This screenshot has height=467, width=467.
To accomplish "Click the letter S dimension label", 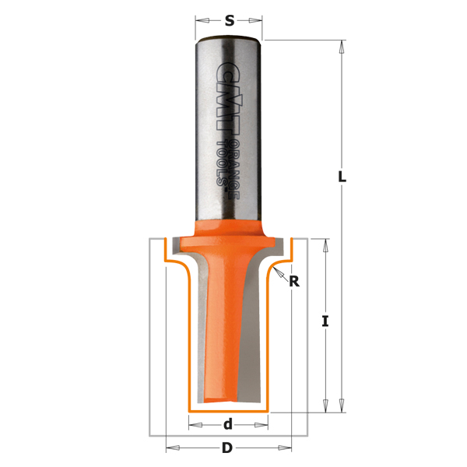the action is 230,20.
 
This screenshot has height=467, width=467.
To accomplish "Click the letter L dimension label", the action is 342,177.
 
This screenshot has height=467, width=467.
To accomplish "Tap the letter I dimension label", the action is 325,321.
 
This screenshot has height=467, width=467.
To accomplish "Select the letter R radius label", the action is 294,281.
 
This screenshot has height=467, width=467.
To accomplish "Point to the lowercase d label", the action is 228,424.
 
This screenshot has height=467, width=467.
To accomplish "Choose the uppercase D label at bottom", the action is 227,448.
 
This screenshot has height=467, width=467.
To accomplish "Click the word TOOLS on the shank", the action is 222,163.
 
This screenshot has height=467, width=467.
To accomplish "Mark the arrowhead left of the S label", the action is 202,20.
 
